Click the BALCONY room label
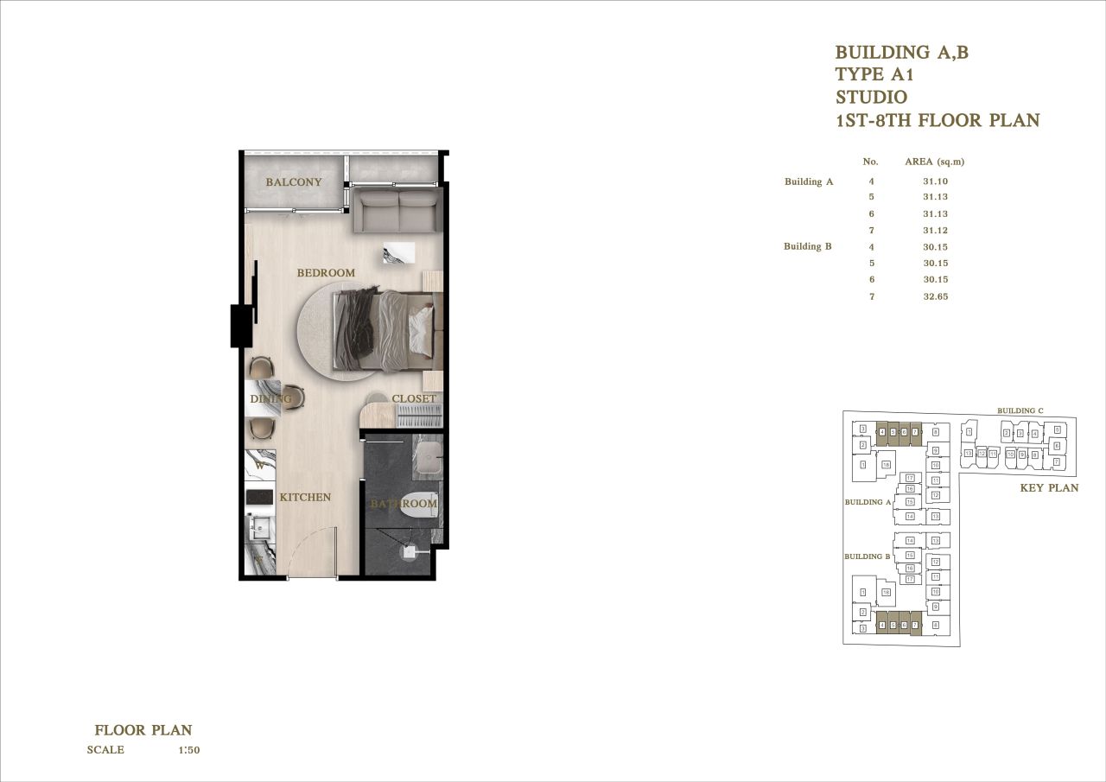pos(294,182)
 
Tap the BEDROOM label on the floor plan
pos(326,273)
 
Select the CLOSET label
pos(414,399)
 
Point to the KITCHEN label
pos(305,498)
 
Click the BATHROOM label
pos(404,504)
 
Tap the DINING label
pos(270,399)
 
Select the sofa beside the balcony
pos(398,212)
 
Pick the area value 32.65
pos(935,296)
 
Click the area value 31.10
pos(935,181)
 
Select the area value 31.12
pos(935,230)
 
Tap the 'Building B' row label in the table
pos(807,246)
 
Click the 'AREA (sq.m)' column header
pos(934,162)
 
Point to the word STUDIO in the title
pos(871,98)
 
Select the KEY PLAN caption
pos(1049,488)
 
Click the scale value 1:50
pos(188,750)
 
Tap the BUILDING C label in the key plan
pos(1020,410)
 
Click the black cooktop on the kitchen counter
pos(259,498)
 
